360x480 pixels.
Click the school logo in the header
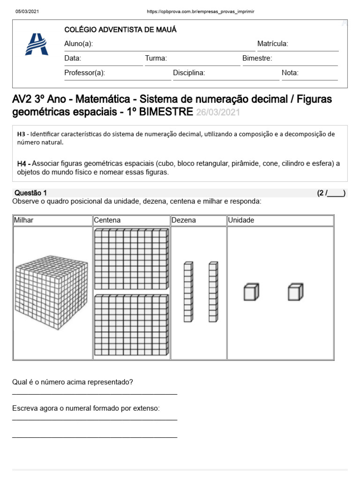[x=36, y=45]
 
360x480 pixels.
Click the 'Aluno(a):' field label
[x=78, y=44]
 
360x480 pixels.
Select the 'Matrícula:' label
[x=272, y=44]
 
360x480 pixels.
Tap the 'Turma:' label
[x=156, y=59]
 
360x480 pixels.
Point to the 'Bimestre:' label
[x=257, y=59]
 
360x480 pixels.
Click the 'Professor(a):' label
[x=84, y=73]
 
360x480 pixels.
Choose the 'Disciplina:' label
[x=189, y=73]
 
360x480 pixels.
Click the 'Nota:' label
[x=290, y=73]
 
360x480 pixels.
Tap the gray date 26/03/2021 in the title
[x=218, y=112]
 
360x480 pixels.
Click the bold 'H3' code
[x=21, y=134]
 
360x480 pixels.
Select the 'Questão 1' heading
[x=31, y=193]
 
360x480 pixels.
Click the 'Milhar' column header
[x=24, y=220]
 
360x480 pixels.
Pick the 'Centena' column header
[x=107, y=220]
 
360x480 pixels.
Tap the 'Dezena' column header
[x=184, y=220]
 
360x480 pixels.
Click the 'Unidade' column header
[x=241, y=220]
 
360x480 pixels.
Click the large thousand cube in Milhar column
[x=52, y=293]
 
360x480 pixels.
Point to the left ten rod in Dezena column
[x=188, y=292]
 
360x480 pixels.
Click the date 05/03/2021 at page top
[x=28, y=11]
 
